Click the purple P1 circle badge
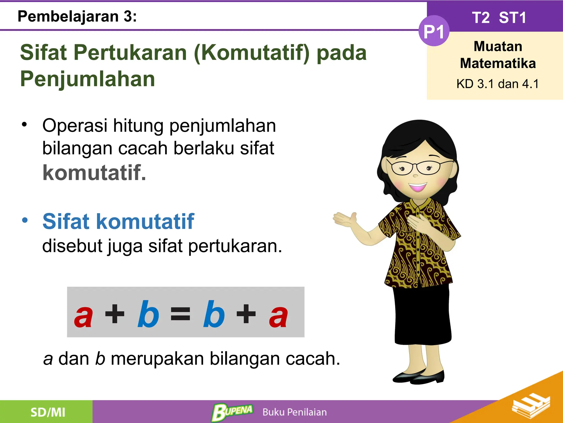[x=434, y=31]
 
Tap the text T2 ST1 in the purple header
[x=499, y=18]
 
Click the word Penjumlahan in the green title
[x=88, y=79]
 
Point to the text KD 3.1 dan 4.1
[x=498, y=84]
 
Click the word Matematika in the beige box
[x=498, y=63]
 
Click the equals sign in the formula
[x=180, y=314]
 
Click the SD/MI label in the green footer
[x=48, y=412]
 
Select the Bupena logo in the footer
[x=232, y=412]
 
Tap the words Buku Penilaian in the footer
[x=294, y=412]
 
